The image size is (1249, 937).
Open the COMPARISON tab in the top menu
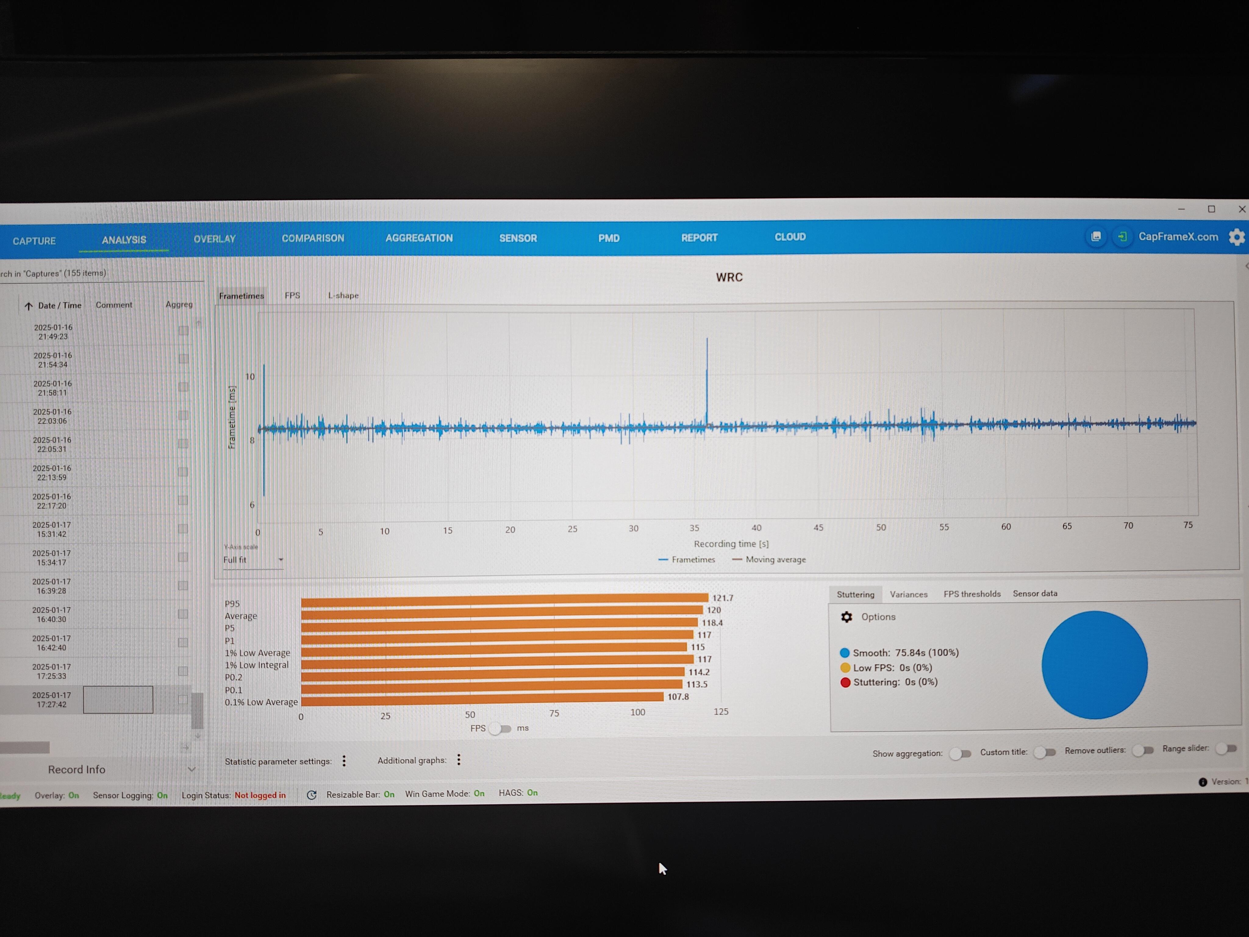click(313, 238)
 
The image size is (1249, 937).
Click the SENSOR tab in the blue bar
click(518, 238)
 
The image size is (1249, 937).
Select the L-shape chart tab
click(343, 295)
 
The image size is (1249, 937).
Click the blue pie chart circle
click(1094, 665)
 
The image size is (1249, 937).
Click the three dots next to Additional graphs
click(459, 760)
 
